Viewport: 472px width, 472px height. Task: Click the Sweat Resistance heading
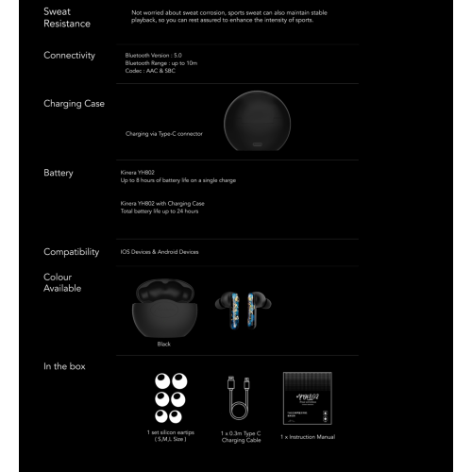(67, 17)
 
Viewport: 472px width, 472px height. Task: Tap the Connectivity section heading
(70, 55)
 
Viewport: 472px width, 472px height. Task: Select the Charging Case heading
(74, 103)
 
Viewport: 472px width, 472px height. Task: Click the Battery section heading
(59, 173)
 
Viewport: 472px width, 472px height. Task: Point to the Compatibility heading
(72, 252)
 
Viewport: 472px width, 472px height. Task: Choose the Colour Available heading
(62, 283)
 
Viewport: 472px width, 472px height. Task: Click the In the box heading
(65, 365)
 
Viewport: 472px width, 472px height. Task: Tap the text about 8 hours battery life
(178, 179)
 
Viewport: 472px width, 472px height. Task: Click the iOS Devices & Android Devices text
(160, 252)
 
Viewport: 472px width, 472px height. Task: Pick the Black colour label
(164, 344)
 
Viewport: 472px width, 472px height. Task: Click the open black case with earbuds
(164, 306)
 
